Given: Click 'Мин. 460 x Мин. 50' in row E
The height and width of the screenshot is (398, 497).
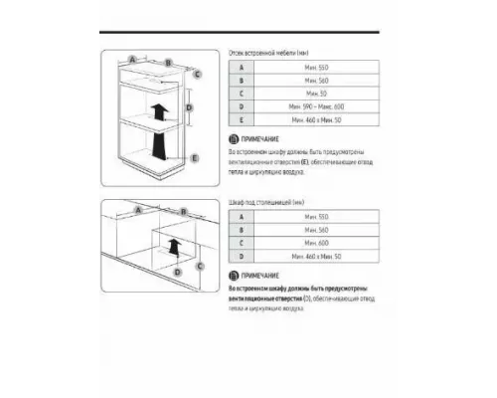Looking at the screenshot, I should coord(317,118).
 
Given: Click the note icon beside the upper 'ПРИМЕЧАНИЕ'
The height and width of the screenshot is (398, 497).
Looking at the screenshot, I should coord(234,139).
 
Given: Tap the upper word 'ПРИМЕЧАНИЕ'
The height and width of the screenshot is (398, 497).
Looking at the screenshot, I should coord(259,139).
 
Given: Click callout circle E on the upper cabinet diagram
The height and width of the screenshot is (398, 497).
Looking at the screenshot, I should coord(195,157).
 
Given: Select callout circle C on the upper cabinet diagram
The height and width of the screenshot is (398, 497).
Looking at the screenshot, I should coord(198,73).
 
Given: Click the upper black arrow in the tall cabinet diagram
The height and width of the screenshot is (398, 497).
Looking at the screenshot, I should coord(155,107).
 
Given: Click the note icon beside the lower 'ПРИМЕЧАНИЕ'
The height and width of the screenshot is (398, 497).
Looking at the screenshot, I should coord(234,278).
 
